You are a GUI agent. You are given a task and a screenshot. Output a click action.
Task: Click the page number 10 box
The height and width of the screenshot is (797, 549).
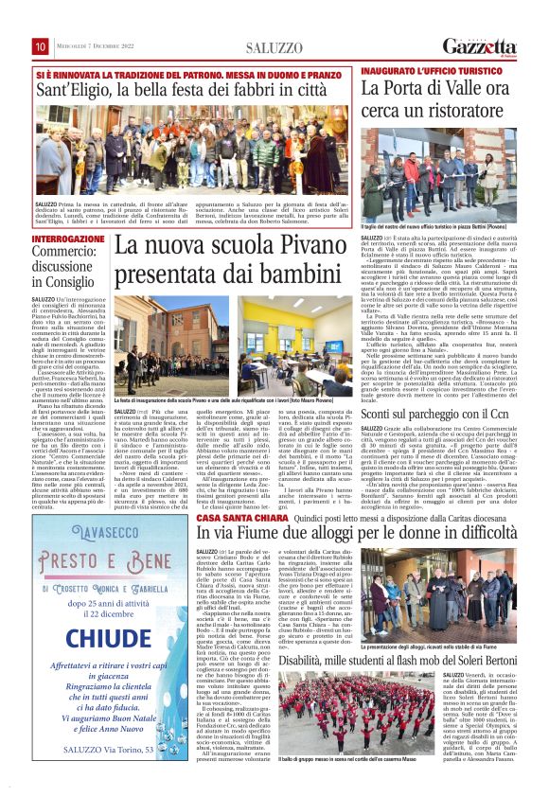(x=41, y=46)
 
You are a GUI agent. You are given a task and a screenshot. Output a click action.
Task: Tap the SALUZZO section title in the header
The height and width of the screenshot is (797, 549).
(x=273, y=47)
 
